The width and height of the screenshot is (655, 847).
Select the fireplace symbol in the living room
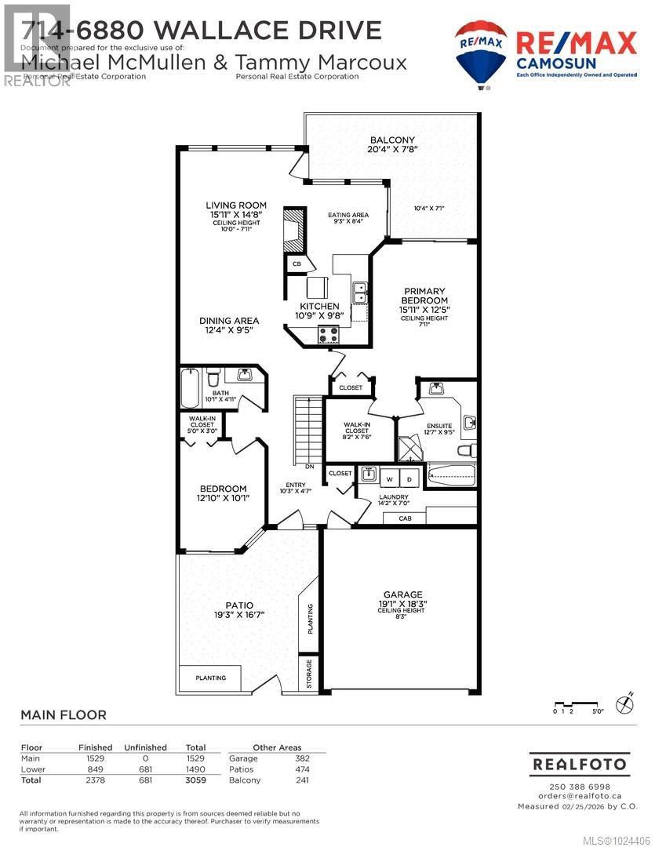click(x=293, y=227)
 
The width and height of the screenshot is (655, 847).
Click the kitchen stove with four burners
click(x=328, y=335)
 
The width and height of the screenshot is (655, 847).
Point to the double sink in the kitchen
click(x=360, y=293)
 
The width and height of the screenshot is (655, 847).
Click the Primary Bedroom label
click(x=424, y=295)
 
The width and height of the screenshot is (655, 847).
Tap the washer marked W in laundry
click(x=388, y=478)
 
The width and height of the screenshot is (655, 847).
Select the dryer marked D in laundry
click(x=409, y=478)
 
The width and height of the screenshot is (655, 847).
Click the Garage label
click(x=402, y=594)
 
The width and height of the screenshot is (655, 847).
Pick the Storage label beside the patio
click(x=309, y=674)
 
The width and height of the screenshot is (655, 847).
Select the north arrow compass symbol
click(x=624, y=704)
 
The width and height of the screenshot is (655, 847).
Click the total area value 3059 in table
click(x=195, y=780)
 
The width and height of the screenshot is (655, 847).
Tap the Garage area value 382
click(x=302, y=758)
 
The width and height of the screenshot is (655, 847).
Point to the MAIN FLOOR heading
click(x=63, y=714)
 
